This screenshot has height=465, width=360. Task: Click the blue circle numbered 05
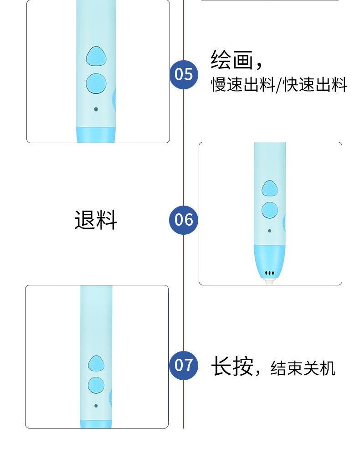point(184,74)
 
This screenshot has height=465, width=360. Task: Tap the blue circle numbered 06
point(184,220)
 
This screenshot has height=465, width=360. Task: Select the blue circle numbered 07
point(184,365)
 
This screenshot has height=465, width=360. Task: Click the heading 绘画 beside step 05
point(231,60)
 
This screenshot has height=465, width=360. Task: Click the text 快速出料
point(315,85)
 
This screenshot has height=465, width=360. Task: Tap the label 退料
point(96,220)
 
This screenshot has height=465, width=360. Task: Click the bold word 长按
point(231,367)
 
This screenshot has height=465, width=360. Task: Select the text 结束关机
point(303,368)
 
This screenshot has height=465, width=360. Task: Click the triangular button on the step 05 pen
point(96,56)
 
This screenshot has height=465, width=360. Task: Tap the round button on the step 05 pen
point(96,83)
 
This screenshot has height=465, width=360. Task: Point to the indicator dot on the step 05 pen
point(96,109)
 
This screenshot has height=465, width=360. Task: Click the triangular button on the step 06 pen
point(270,188)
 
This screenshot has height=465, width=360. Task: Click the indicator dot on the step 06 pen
point(270,231)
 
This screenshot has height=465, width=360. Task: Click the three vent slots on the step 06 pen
point(270,274)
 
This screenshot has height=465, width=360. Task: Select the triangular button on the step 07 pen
point(96,363)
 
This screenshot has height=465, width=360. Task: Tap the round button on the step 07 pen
point(96,384)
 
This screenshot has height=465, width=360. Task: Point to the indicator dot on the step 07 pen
point(96,405)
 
